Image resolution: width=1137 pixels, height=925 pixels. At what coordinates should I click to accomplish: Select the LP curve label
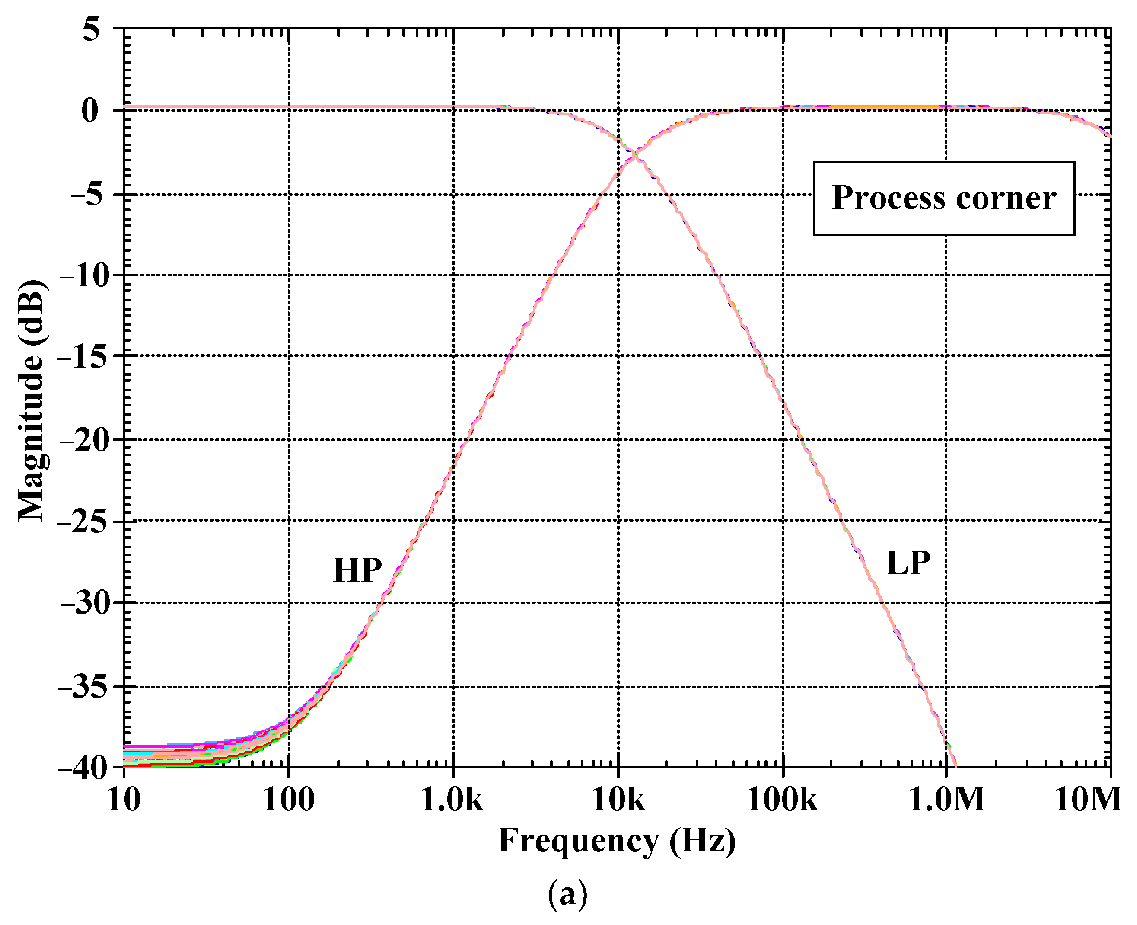pyautogui.click(x=908, y=563)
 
